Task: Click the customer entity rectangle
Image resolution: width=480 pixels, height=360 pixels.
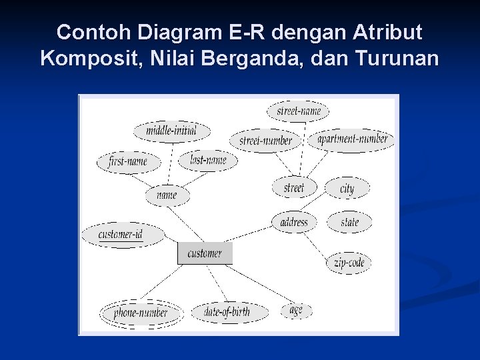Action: (x=205, y=253)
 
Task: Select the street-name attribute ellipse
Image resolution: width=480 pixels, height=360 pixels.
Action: (x=298, y=111)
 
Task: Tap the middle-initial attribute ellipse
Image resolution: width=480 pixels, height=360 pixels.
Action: (x=171, y=131)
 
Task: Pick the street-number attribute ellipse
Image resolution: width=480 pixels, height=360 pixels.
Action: (x=265, y=141)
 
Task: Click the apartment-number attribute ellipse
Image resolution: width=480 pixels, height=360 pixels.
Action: (x=351, y=139)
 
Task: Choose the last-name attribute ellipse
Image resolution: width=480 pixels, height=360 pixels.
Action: (x=207, y=160)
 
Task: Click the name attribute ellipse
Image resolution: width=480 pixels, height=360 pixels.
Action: (x=167, y=195)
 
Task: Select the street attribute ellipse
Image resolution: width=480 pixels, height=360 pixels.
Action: (x=293, y=187)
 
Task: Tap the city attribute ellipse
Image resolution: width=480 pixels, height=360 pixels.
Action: (x=347, y=189)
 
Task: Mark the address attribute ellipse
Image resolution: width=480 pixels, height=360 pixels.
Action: (x=294, y=222)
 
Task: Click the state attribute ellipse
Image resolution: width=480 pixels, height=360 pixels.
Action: (x=349, y=222)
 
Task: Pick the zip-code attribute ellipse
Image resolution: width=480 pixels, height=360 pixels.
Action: (x=349, y=263)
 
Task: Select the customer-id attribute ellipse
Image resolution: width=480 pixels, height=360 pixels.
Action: (x=121, y=235)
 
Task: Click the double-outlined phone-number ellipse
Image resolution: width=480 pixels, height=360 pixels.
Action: (x=140, y=313)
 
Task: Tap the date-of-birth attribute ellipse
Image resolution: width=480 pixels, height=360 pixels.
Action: (x=227, y=311)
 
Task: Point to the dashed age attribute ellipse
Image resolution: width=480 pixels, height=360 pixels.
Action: (x=296, y=310)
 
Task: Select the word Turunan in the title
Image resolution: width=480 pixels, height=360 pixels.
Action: (x=397, y=59)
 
